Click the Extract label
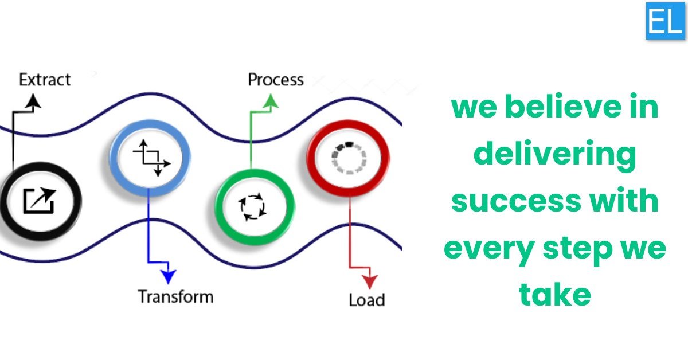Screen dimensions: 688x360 tap(45, 80)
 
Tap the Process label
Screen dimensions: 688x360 tap(276, 80)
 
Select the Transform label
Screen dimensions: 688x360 tap(175, 297)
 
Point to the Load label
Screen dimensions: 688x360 tap(367, 300)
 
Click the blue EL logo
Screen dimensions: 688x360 tap(665, 21)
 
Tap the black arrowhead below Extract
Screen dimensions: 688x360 tap(33, 101)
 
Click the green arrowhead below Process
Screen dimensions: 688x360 tap(271, 101)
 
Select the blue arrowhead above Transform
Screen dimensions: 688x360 tap(169, 276)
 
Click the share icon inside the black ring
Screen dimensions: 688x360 tap(40, 200)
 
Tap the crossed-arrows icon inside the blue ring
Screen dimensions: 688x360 tap(151, 158)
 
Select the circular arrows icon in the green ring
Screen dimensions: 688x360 tap(252, 206)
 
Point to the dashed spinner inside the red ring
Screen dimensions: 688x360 tap(349, 158)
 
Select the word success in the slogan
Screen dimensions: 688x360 tap(517, 201)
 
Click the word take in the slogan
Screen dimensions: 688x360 tap(555, 294)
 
